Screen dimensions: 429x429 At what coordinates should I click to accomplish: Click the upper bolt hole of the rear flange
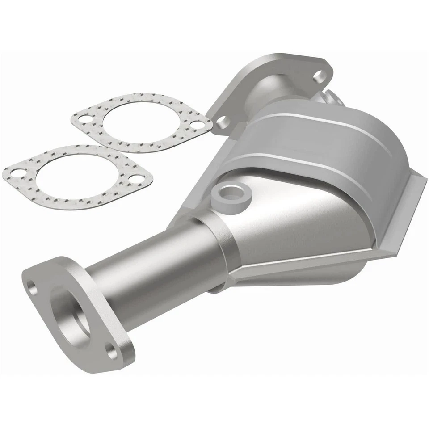tap(319, 76)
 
